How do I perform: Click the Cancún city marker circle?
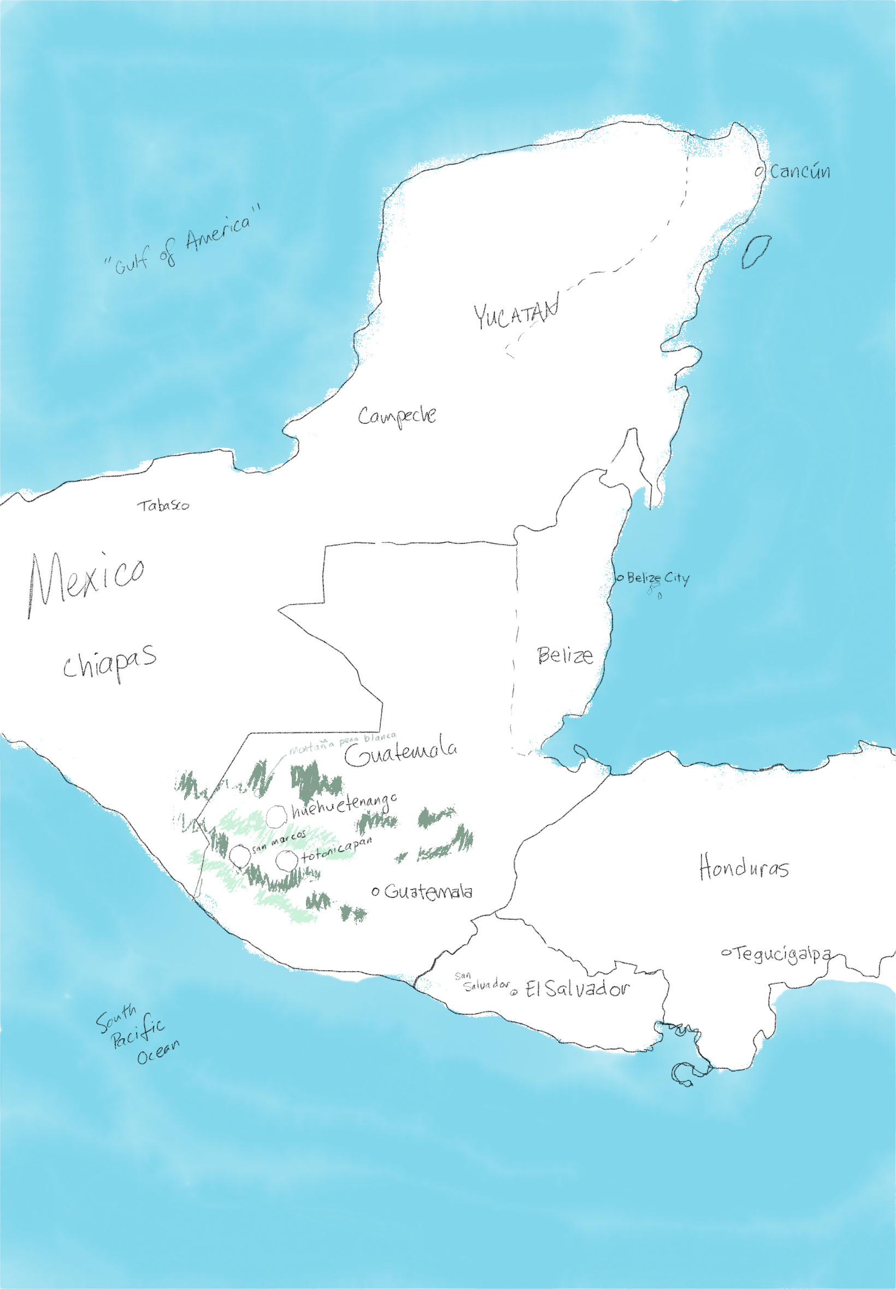pyautogui.click(x=759, y=171)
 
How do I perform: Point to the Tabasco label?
pyautogui.click(x=163, y=506)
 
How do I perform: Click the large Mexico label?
pyautogui.click(x=87, y=581)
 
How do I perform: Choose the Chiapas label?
pyautogui.click(x=109, y=663)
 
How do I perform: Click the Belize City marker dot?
pyautogui.click(x=620, y=577)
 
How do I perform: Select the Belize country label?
pyautogui.click(x=565, y=655)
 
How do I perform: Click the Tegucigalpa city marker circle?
pyautogui.click(x=726, y=953)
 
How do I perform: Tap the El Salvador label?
pyautogui.click(x=577, y=989)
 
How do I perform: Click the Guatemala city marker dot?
pyautogui.click(x=375, y=891)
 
